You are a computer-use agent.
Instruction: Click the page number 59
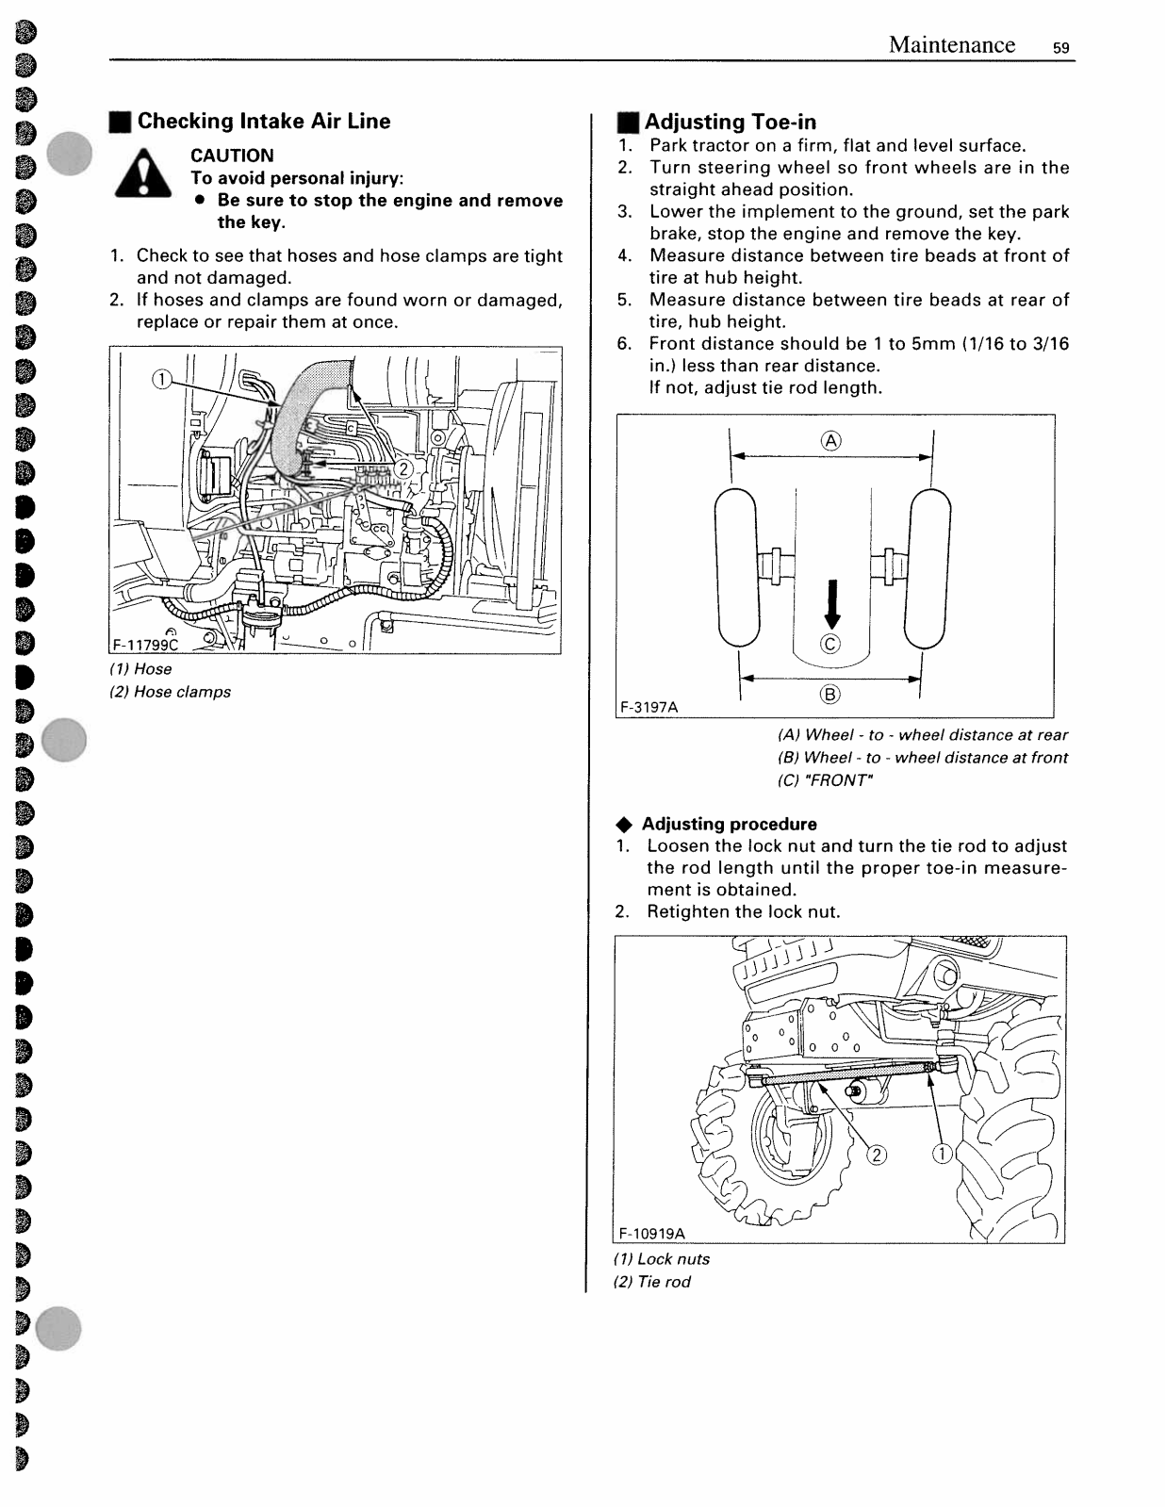[1061, 48]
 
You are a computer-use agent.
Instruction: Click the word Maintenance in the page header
[951, 45]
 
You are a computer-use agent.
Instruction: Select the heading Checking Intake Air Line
[263, 121]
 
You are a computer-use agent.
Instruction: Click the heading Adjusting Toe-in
[730, 122]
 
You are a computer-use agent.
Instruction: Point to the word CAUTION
[232, 156]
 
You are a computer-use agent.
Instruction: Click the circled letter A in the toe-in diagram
[830, 440]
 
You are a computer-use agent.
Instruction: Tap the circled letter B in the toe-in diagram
[829, 695]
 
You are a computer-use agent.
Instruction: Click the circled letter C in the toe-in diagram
[830, 644]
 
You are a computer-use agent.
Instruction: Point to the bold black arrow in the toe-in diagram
[831, 604]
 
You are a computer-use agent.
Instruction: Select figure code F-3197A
[649, 706]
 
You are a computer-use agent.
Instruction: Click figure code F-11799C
[145, 645]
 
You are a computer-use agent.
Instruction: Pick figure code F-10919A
[652, 1233]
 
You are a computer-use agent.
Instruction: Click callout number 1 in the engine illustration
[162, 380]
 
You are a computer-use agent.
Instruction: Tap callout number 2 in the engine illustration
[402, 469]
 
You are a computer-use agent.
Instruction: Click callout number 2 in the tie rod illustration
[877, 1155]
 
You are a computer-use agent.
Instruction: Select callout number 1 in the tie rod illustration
[942, 1154]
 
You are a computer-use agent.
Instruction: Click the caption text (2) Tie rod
[652, 1282]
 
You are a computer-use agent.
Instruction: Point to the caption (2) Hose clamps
[171, 692]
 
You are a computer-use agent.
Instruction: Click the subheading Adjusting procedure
[729, 824]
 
